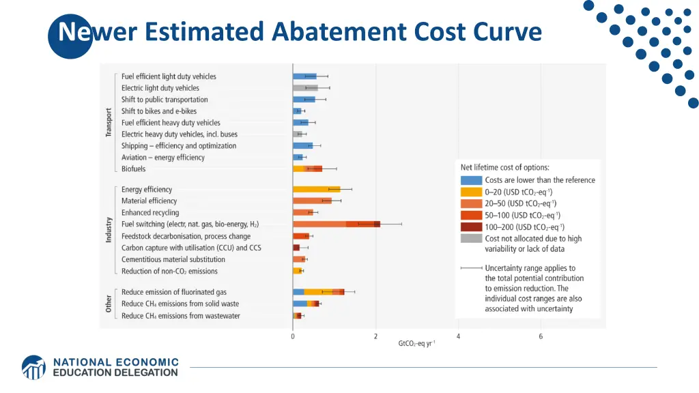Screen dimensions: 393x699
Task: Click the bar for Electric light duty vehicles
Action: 305,88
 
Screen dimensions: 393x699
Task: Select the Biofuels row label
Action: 133,169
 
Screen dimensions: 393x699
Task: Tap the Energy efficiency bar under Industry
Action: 316,189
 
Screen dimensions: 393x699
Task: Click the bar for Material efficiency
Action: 312,201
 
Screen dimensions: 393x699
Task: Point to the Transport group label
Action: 109,123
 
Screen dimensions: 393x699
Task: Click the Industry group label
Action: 109,230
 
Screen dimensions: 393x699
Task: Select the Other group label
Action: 109,304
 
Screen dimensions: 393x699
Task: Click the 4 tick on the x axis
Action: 458,336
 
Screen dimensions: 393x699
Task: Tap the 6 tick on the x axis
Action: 541,336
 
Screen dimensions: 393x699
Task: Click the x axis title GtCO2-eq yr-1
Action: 416,344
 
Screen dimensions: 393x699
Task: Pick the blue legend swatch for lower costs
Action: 471,180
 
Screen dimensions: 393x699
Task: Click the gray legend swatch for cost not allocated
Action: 471,239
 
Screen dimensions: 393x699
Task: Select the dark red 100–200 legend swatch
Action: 471,227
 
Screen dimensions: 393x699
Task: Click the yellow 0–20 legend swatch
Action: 471,192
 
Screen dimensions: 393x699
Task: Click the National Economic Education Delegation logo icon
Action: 33,367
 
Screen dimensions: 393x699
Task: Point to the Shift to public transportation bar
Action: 304,100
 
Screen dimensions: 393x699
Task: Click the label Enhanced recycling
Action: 150,213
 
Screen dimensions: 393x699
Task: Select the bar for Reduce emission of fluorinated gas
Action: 318,292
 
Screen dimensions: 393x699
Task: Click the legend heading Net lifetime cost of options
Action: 504,167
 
